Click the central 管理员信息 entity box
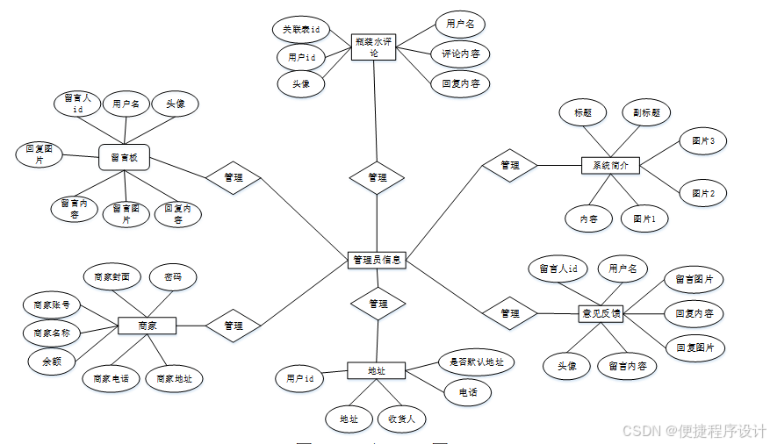(x=377, y=260)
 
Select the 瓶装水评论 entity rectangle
(x=374, y=47)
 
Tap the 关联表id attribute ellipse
(x=300, y=29)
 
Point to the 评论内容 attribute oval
(x=461, y=54)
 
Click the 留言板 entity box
(x=125, y=158)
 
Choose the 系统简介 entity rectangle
(x=611, y=165)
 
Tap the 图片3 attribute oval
(x=702, y=140)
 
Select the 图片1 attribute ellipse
(x=644, y=218)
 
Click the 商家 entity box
(x=147, y=326)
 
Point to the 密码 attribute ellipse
(x=173, y=276)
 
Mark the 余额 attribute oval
(x=51, y=360)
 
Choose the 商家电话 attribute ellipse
(x=112, y=379)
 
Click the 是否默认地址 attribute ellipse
(x=476, y=361)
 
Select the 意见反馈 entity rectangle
(x=601, y=312)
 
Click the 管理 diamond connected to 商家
(x=233, y=326)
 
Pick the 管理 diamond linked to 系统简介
(x=509, y=165)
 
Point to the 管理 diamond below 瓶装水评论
(x=377, y=177)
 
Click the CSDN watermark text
(x=694, y=431)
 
